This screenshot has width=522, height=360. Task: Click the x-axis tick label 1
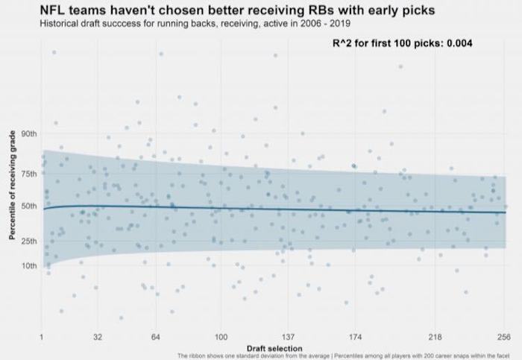click(42, 336)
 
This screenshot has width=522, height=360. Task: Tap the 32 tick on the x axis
click(98, 336)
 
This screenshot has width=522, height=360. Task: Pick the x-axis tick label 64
click(156, 336)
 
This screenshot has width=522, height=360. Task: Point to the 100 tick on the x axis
click(221, 336)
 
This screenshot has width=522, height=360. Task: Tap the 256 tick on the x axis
click(504, 336)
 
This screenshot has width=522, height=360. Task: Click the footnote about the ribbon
click(349, 356)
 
